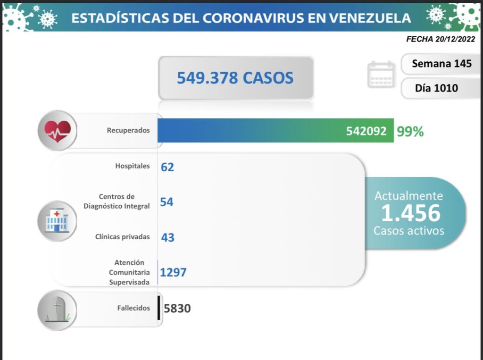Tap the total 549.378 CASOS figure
[235, 78]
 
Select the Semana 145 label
[441, 64]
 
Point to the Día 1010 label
[436, 88]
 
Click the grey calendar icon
[381, 75]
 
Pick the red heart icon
[57, 130]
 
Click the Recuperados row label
[128, 130]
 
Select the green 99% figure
[410, 132]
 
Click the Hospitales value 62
[167, 167]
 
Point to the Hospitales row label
[133, 166]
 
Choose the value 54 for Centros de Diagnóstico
[167, 202]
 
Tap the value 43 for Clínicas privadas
[167, 237]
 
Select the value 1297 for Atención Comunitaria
[174, 273]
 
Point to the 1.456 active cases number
[410, 213]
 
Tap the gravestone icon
[57, 309]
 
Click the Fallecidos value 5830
[177, 309]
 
